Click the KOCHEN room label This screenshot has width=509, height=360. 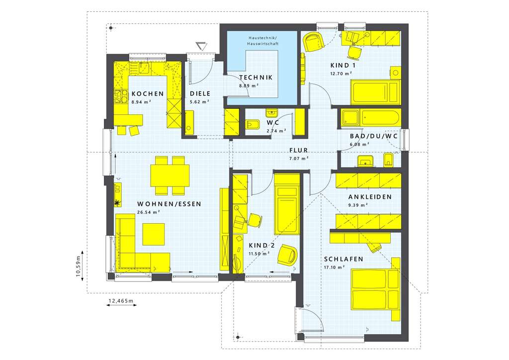[147, 93]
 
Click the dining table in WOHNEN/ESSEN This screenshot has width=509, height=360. [170, 176]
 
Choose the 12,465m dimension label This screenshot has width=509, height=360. [121, 301]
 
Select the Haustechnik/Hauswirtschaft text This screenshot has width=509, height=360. [263, 41]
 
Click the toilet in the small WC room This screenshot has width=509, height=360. [253, 125]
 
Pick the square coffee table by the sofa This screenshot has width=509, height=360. [154, 234]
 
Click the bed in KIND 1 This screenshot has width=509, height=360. [375, 92]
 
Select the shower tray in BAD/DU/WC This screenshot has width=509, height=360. [350, 118]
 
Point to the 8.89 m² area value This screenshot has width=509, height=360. [249, 86]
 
